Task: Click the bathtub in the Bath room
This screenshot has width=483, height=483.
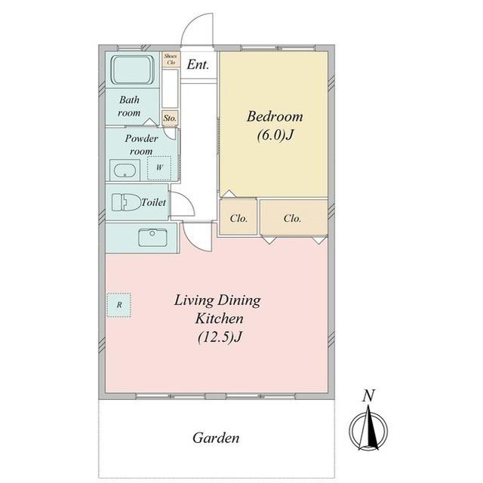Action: point(133,69)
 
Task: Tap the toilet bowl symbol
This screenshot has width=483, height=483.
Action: point(126,202)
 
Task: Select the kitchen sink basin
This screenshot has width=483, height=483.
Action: point(152,238)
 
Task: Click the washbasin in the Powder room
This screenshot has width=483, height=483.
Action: point(125,171)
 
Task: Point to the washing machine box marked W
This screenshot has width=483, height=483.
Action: point(159,168)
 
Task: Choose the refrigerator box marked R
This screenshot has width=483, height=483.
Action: point(119,305)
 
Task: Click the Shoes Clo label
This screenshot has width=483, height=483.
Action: point(171,59)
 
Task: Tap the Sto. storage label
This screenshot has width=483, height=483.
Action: point(170,118)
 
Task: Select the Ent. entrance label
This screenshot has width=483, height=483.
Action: point(198,65)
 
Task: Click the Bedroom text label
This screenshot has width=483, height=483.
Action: point(275,116)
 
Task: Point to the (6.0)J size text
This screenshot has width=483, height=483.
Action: point(275,134)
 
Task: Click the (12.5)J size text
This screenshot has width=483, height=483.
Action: point(220,337)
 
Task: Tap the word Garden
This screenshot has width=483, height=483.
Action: point(216,438)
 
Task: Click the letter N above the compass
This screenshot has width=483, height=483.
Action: point(368,395)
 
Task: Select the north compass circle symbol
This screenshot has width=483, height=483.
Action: point(368,429)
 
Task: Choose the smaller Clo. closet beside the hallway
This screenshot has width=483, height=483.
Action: point(238,217)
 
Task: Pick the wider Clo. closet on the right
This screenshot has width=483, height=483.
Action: point(294,217)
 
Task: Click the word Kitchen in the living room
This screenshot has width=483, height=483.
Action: point(220,318)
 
